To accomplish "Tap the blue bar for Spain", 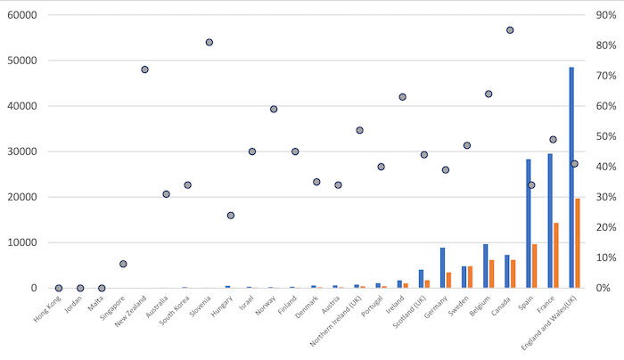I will point(529,224).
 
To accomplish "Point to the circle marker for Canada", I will point(510,29).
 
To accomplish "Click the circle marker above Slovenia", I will point(209,42).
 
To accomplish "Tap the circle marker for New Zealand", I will point(144,70).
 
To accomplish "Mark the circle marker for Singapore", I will point(123,264).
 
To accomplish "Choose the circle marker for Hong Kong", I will point(59,288).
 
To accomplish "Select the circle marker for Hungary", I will point(231,215).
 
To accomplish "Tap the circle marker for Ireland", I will point(403,96).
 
